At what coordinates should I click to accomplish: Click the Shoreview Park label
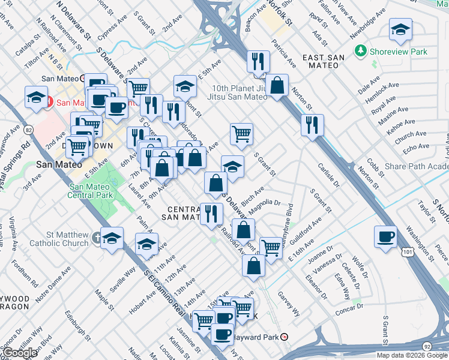[x=399, y=52]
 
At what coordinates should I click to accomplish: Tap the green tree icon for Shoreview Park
[x=361, y=52]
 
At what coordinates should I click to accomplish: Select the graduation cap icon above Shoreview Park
[x=400, y=30]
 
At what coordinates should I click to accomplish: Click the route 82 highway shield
[x=29, y=130]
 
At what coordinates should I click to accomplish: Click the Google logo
[x=20, y=353]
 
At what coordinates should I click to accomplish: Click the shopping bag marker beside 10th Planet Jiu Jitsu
[x=277, y=85]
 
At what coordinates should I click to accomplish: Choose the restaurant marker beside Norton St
[x=312, y=125]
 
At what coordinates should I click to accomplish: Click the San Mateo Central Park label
[x=91, y=191]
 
